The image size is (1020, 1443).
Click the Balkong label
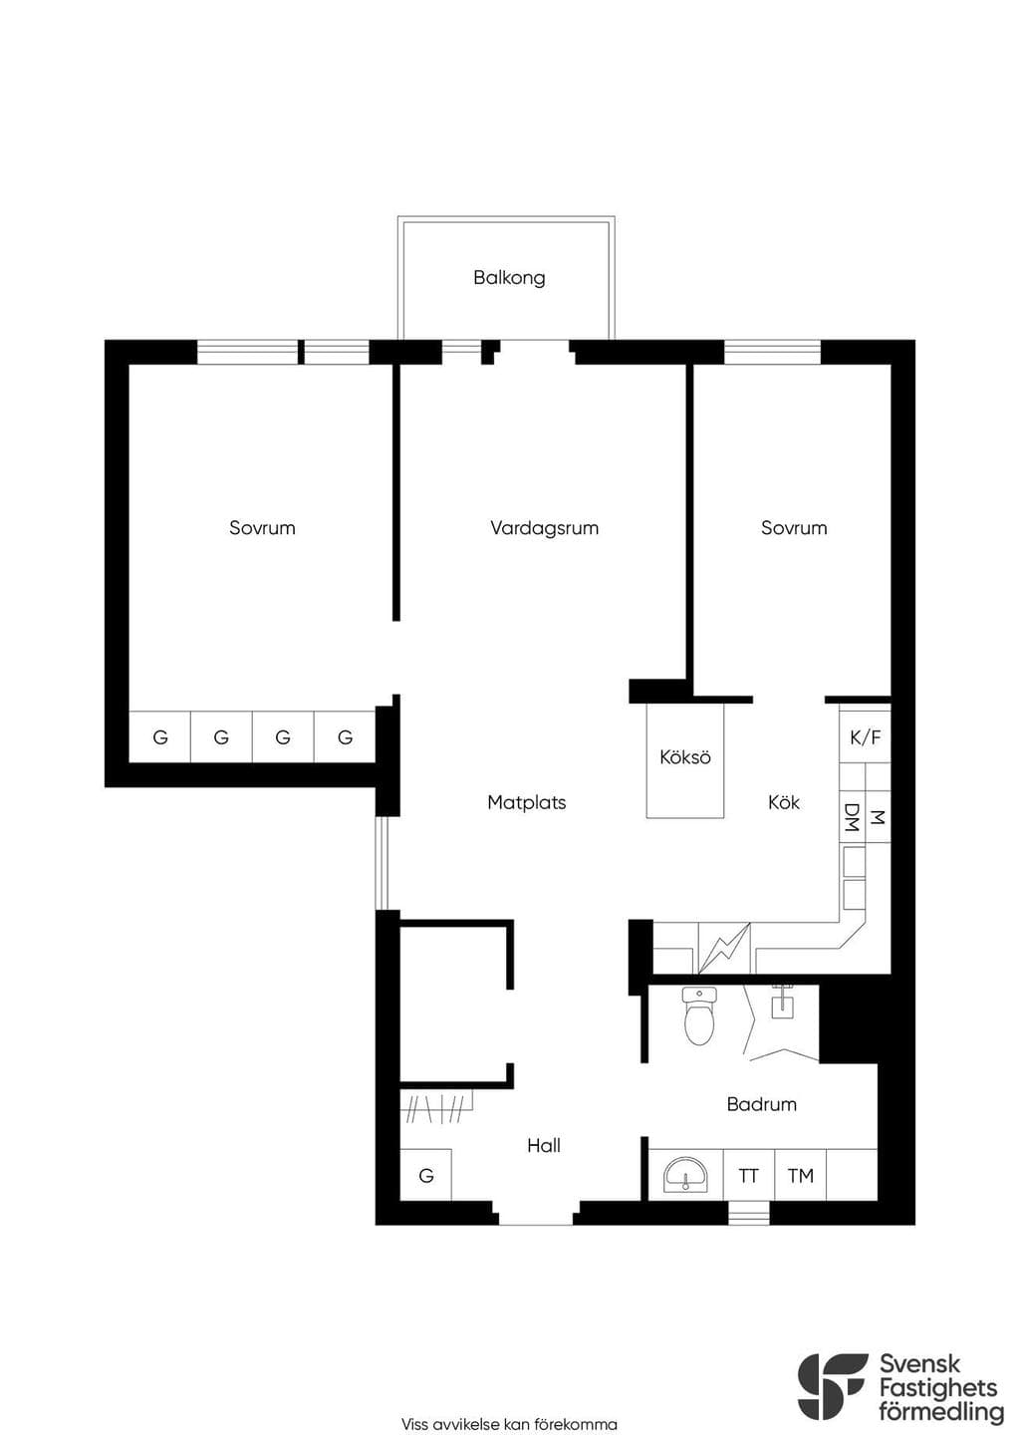pos(509,278)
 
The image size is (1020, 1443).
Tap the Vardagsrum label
pos(544,528)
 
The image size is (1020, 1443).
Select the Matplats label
pos(526,802)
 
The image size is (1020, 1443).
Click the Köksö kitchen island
pos(685,760)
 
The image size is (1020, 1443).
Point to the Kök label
pos(784,802)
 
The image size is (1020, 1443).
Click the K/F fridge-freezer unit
pos(865,735)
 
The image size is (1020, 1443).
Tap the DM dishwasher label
pos(852,817)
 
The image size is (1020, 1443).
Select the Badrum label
pos(761,1104)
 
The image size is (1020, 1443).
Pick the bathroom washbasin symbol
pos(685,1175)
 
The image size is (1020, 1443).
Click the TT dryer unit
pos(749,1175)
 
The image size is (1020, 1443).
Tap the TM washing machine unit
pos(801,1175)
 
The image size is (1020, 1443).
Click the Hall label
pos(544,1145)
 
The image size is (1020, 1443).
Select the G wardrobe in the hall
pos(425,1175)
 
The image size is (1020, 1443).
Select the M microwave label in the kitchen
pos(877,817)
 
